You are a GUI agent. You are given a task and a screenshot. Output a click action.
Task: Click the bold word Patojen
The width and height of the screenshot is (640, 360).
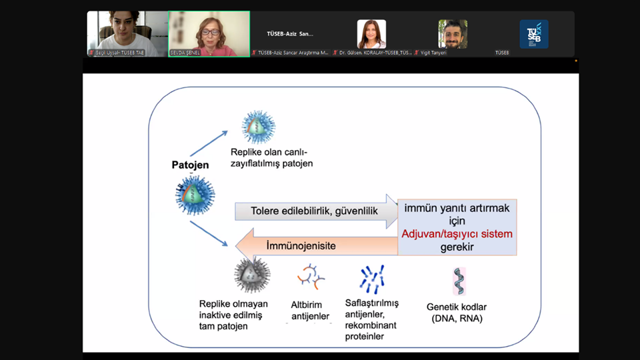tap(190, 165)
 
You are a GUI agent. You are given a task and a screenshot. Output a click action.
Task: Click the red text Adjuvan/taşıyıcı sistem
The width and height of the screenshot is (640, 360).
tap(457, 234)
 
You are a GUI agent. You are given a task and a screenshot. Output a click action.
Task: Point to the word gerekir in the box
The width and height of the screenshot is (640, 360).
tap(457, 247)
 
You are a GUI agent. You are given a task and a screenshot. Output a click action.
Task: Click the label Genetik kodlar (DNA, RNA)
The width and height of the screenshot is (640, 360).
tap(457, 313)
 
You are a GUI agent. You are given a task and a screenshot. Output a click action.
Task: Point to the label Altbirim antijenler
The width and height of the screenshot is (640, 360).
tap(310, 311)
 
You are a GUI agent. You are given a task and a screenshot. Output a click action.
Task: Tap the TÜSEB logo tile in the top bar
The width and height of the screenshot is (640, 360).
tap(533, 34)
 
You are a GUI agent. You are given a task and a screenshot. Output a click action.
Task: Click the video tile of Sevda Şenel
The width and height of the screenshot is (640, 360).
tap(209, 33)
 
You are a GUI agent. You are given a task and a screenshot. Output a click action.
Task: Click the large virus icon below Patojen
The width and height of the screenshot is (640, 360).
tap(195, 197)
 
